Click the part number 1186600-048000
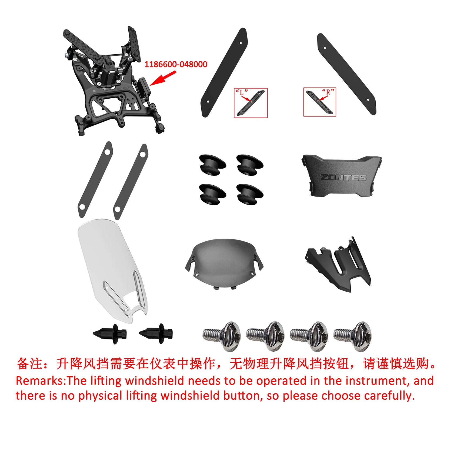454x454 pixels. click(176, 64)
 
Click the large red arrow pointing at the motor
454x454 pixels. click(163, 78)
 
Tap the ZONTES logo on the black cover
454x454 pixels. click(343, 177)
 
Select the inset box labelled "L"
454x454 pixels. click(251, 103)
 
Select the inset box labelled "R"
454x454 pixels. click(320, 102)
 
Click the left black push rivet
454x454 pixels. click(110, 334)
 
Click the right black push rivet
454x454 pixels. click(156, 334)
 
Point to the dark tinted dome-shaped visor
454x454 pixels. click(224, 263)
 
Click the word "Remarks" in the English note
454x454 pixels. click(39, 381)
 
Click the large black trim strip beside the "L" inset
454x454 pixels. click(224, 72)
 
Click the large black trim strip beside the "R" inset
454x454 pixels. click(347, 74)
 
